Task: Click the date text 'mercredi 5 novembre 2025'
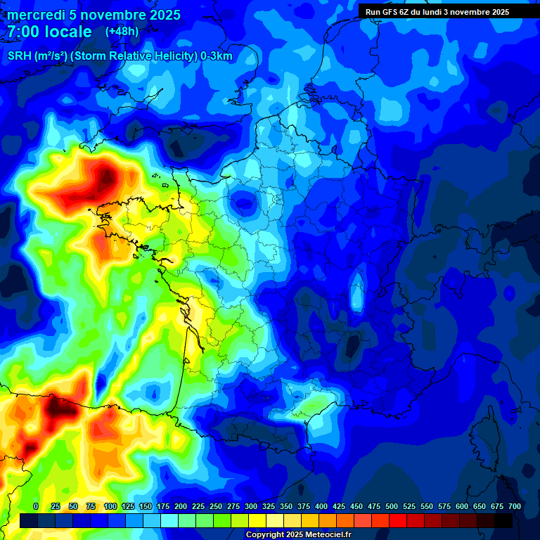click(94, 15)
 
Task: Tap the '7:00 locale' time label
click(49, 32)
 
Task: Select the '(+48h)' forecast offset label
click(122, 32)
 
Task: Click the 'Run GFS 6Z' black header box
click(437, 12)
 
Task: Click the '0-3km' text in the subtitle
click(217, 56)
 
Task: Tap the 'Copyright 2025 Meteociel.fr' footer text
click(298, 535)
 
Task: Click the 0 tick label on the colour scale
click(36, 506)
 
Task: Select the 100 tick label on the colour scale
click(110, 506)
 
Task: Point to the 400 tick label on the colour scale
click(321, 506)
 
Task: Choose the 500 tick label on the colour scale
click(392, 506)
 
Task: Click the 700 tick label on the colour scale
click(515, 506)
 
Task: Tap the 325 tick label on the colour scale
click(269, 506)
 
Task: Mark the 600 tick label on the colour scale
click(462, 506)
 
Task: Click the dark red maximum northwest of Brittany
click(105, 174)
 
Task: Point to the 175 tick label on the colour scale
click(163, 506)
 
